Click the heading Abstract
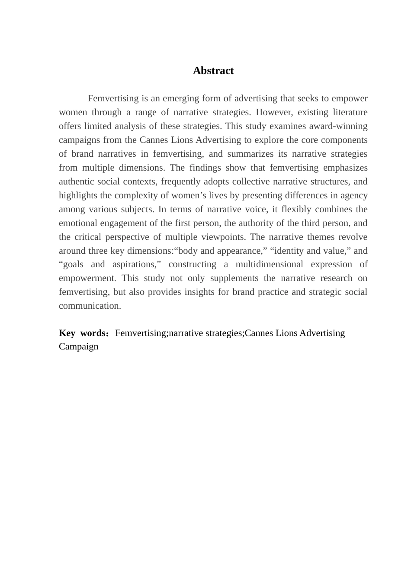[213, 71]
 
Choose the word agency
[353, 195]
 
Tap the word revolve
[353, 237]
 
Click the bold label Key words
[82, 333]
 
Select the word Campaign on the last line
[79, 346]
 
